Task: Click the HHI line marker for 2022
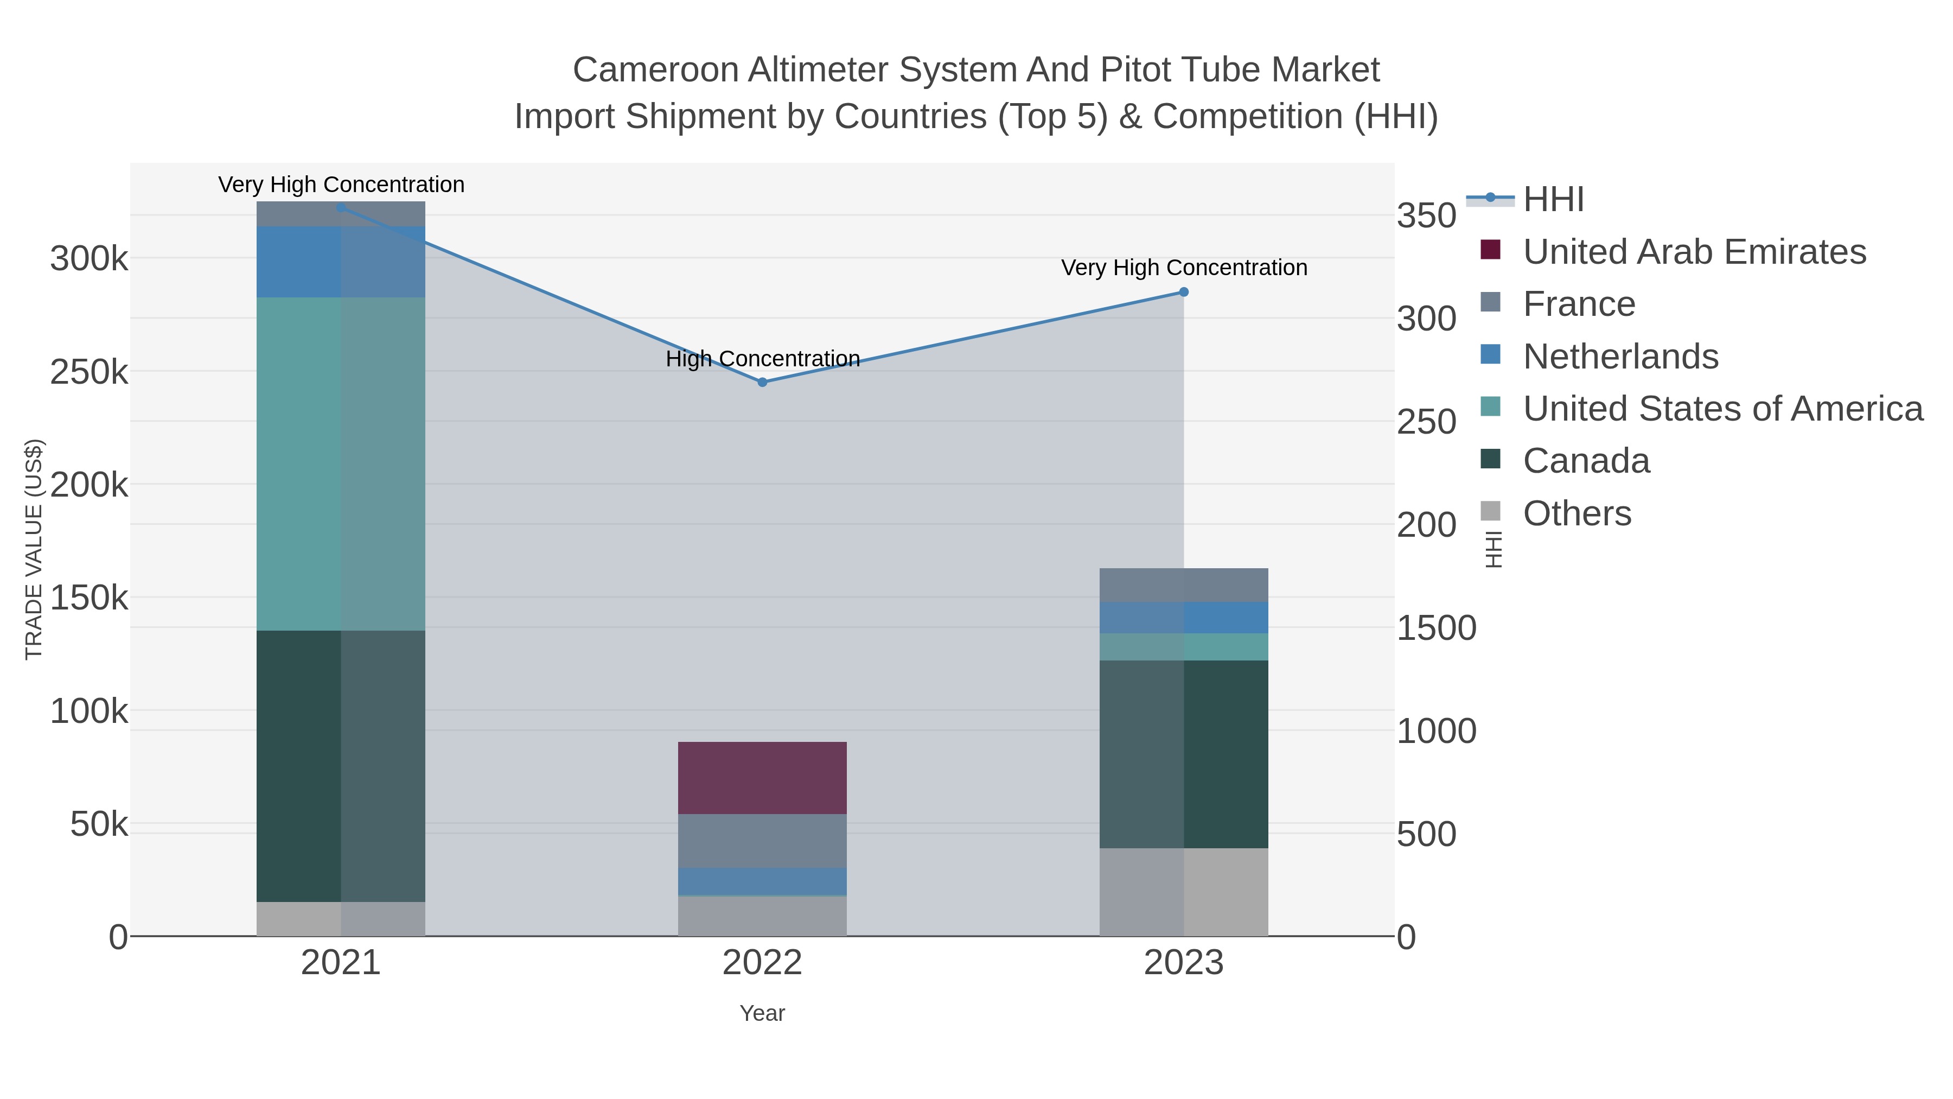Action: click(762, 382)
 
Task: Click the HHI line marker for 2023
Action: click(1184, 292)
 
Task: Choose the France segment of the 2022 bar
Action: click(762, 840)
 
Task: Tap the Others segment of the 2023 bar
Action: click(1184, 891)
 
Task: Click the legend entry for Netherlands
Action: click(1620, 357)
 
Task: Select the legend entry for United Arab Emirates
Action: click(1694, 252)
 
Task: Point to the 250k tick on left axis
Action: click(89, 372)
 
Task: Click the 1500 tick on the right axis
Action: click(1436, 628)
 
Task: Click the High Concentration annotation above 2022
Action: click(762, 359)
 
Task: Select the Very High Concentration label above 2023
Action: click(1184, 268)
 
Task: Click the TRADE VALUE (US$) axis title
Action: click(34, 549)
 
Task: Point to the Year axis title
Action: click(762, 1013)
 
